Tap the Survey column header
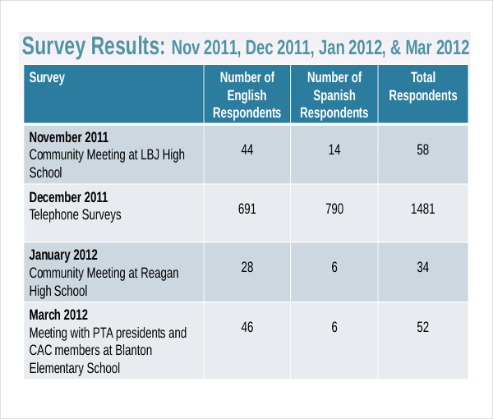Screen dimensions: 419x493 47,79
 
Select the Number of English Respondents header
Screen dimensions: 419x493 246,95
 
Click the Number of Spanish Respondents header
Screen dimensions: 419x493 334,95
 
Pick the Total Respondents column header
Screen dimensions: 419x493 422,86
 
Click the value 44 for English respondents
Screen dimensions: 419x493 246,150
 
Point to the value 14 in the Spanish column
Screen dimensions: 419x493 334,150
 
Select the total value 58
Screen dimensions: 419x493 422,150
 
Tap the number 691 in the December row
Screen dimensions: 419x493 246,209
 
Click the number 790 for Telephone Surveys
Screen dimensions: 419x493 334,209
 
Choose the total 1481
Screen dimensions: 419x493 422,209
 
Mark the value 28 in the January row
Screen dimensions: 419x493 246,268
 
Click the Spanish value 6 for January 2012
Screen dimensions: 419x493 334,268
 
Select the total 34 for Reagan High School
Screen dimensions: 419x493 422,268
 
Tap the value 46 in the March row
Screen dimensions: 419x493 246,327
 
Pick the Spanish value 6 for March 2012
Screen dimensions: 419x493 334,327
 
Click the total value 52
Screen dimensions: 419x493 422,327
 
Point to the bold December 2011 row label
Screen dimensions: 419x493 68,197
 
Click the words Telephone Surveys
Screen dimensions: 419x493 75,215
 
